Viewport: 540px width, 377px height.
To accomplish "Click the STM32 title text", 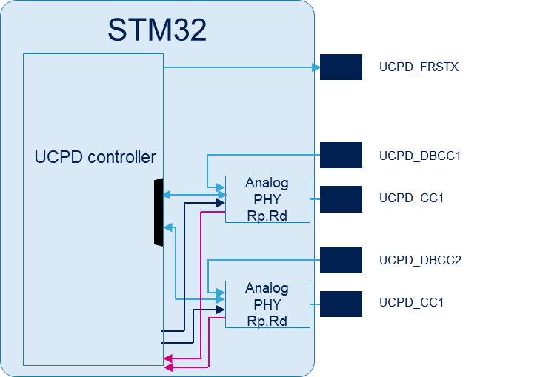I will click(157, 30).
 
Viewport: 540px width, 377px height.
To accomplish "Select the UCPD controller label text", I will click(96, 157).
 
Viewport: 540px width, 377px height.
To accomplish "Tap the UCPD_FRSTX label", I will click(419, 67).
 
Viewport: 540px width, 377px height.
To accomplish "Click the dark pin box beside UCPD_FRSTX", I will click(341, 67).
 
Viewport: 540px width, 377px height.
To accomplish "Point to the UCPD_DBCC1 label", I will click(420, 156).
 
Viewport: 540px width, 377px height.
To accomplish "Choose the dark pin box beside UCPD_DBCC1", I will click(341, 156).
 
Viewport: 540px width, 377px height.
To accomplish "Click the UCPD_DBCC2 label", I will click(420, 261).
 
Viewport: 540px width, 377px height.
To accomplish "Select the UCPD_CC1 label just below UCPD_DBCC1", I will click(412, 198).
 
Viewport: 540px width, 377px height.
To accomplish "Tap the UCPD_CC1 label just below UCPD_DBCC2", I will click(412, 303).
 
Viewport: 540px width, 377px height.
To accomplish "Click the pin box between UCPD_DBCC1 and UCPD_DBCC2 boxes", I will click(341, 198).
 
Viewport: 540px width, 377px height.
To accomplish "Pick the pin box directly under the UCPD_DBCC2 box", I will click(341, 303).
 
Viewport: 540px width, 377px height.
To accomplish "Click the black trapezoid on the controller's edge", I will click(158, 212).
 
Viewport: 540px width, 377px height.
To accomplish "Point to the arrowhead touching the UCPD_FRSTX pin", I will click(316, 67).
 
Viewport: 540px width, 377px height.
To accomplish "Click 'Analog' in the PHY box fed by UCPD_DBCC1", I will click(267, 184).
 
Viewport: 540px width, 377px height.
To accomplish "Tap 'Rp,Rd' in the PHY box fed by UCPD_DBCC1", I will click(267, 216).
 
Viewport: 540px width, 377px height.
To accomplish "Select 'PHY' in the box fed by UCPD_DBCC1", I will click(267, 199).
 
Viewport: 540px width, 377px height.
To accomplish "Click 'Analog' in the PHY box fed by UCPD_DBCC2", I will click(267, 288).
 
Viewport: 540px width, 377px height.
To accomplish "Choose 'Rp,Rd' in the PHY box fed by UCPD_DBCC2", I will click(267, 321).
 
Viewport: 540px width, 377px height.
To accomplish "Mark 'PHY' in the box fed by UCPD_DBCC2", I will click(267, 304).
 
